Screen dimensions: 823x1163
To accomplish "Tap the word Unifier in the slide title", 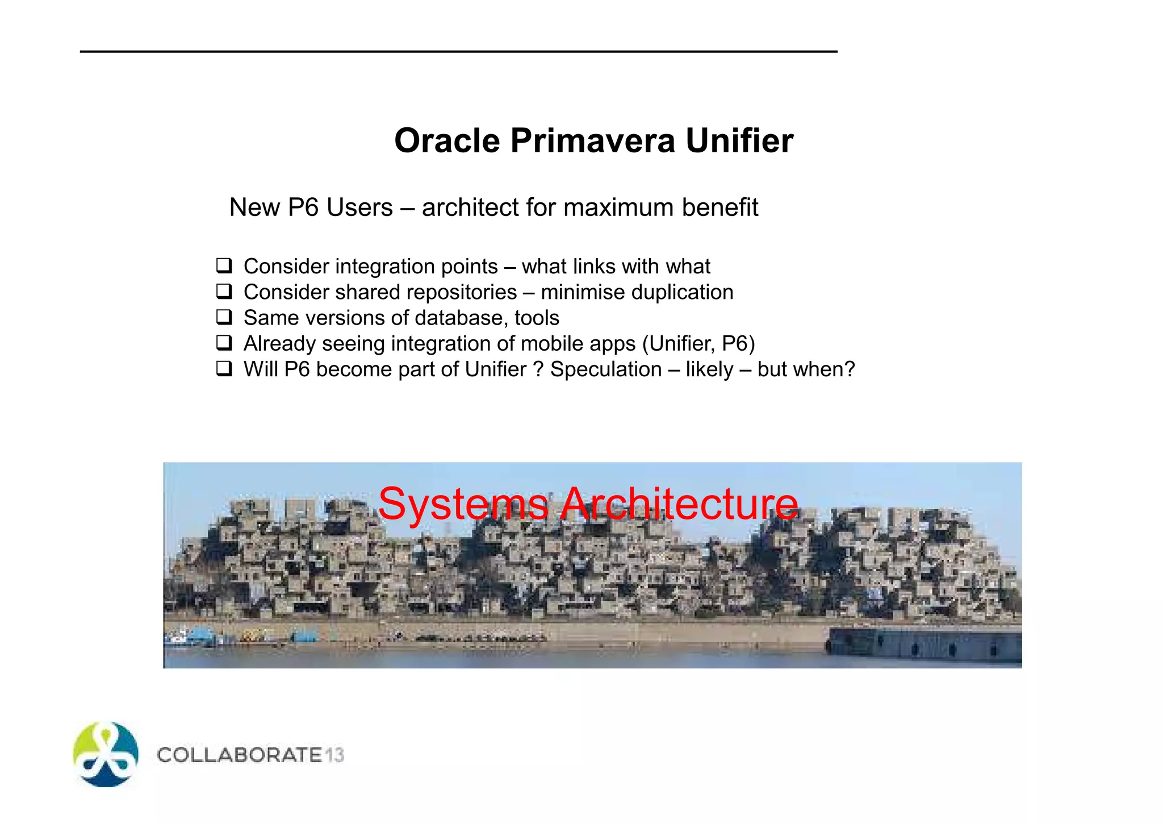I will click(739, 140).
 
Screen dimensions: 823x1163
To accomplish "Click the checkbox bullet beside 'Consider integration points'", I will click(224, 265).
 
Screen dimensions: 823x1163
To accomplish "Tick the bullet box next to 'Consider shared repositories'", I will click(224, 292).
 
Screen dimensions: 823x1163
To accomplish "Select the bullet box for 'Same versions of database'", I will click(224, 317).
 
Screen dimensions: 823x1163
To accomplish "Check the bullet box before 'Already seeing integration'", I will click(224, 343).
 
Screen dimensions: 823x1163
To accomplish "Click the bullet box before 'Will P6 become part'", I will click(224, 369).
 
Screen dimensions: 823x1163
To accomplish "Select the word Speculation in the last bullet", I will click(606, 369).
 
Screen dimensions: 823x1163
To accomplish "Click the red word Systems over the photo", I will click(463, 504).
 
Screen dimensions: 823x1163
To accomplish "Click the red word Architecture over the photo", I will click(679, 504).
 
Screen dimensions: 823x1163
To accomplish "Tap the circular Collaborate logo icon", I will click(106, 754).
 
